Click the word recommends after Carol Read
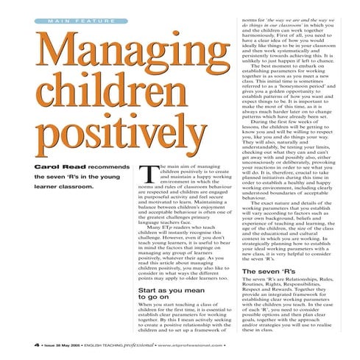click(99, 168)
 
